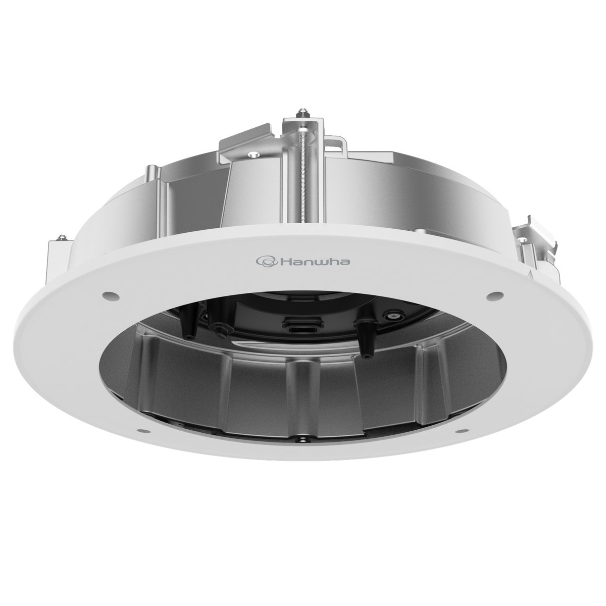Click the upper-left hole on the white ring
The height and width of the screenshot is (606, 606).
(108, 295)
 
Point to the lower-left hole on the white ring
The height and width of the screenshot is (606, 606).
(142, 431)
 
